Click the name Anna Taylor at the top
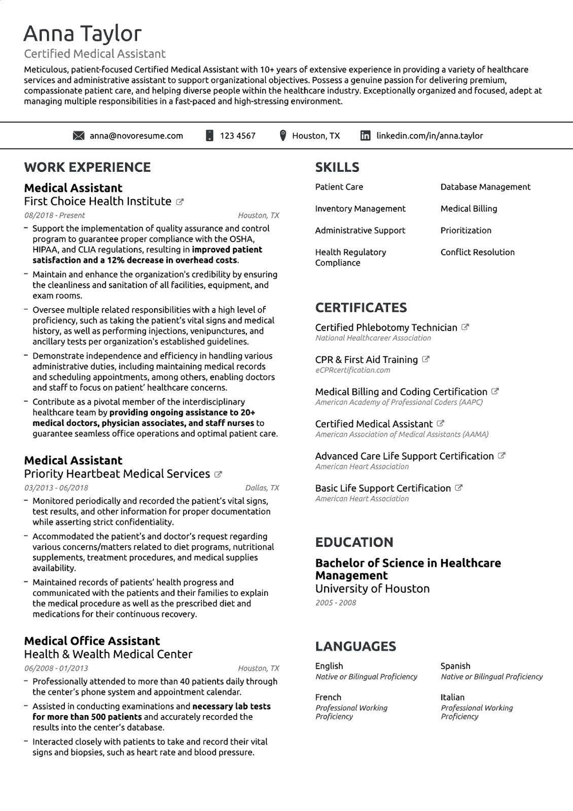point(82,33)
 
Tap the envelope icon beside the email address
point(79,136)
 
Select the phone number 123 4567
point(237,136)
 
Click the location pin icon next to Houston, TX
point(283,135)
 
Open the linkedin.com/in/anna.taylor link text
point(429,136)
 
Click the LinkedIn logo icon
point(365,136)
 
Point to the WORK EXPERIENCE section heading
point(87,167)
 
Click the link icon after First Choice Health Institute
point(180,202)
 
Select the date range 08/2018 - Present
point(54,215)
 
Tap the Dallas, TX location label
point(262,488)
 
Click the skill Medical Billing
point(469,209)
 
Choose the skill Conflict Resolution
point(477,252)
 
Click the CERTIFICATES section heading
point(361,308)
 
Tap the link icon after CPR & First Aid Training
point(426,359)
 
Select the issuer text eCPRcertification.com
point(352,370)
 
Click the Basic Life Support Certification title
point(383,488)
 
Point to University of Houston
point(372,588)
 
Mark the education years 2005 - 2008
point(335,603)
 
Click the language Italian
point(452,697)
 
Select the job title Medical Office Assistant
point(92,641)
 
